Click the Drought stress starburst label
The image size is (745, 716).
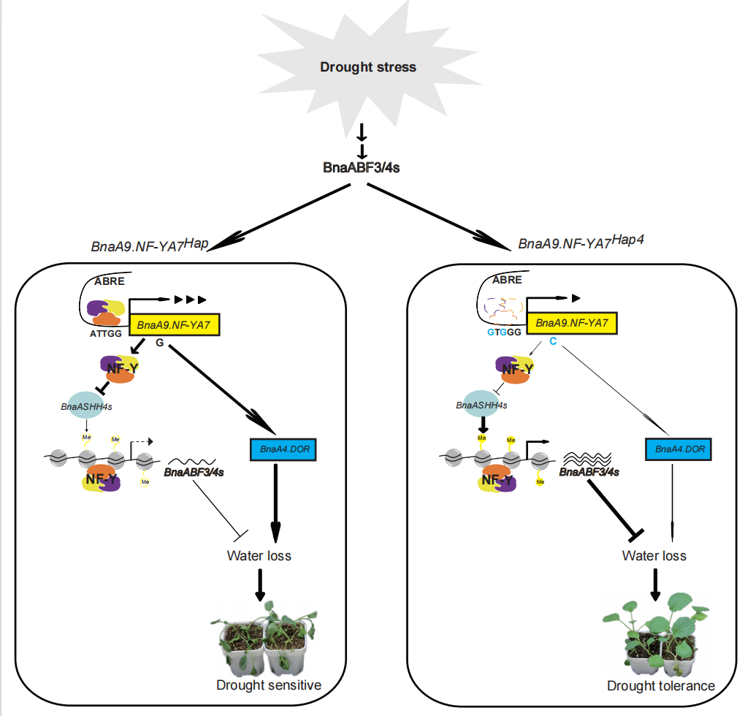[368, 67]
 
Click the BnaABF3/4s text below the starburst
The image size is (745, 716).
[361, 167]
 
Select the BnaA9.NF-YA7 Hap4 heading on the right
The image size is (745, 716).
[581, 242]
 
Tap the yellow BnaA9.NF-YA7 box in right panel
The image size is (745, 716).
[572, 321]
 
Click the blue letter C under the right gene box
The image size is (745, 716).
[553, 342]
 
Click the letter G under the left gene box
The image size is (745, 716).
[159, 342]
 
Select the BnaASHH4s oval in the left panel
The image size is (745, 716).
[86, 406]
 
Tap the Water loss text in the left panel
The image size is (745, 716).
[259, 555]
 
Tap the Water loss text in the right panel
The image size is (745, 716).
[654, 555]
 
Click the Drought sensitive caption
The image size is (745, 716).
[269, 685]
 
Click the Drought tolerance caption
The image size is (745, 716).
[661, 686]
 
